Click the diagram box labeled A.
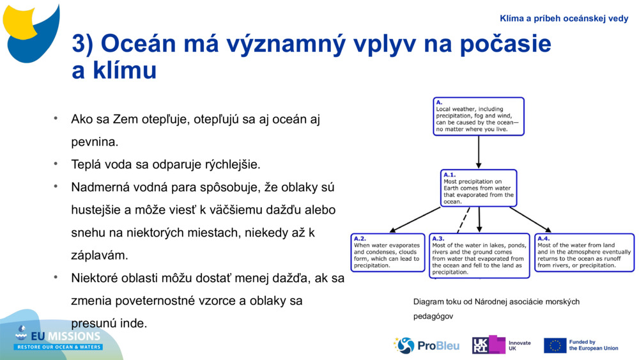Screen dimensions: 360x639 pyautogui.click(x=478, y=116)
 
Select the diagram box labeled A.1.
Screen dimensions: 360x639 pyautogui.click(x=479, y=188)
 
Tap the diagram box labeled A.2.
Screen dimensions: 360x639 pyautogui.click(x=388, y=253)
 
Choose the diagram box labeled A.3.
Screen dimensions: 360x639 pyautogui.click(x=479, y=255)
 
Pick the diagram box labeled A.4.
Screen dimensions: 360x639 pyautogui.click(x=584, y=253)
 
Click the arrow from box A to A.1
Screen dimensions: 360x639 pyautogui.click(x=479, y=152)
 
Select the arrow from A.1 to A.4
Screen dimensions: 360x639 pyautogui.click(x=530, y=219)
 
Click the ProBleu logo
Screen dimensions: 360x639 pyautogui.click(x=426, y=345)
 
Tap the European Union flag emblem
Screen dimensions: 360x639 pyautogui.click(x=555, y=345)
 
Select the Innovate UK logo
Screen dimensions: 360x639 pyautogui.click(x=501, y=345)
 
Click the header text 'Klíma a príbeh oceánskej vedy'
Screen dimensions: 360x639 pyautogui.click(x=564, y=19)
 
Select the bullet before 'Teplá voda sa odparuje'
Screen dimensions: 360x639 pyautogui.click(x=56, y=164)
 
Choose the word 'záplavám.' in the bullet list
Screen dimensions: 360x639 pyautogui.click(x=100, y=255)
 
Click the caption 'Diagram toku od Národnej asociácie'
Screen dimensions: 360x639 pyautogui.click(x=496, y=301)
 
